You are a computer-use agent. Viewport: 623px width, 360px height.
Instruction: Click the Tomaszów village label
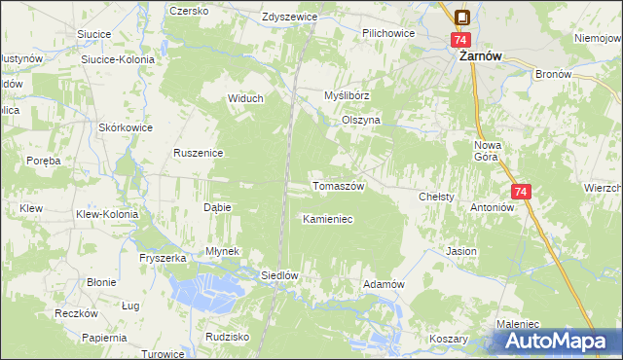click(x=337, y=186)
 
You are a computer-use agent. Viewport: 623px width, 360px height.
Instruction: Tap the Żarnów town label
click(x=480, y=57)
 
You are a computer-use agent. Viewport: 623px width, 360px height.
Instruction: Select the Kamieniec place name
click(x=327, y=219)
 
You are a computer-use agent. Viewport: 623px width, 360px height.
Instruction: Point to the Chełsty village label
click(x=437, y=197)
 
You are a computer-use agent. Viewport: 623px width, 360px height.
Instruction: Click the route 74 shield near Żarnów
click(x=461, y=40)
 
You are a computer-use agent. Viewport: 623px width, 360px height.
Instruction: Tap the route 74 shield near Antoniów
click(x=521, y=193)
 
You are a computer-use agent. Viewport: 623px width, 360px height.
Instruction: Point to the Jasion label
click(x=461, y=251)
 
